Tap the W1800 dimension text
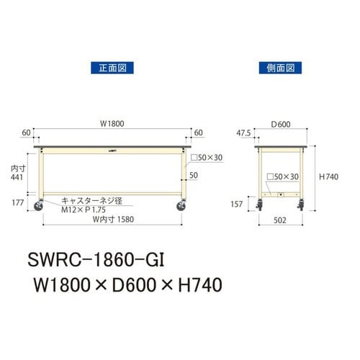click(x=112, y=123)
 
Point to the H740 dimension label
click(x=329, y=177)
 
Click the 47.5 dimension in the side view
click(x=244, y=133)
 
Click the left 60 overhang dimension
click(x=27, y=133)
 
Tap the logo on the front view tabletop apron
click(x=114, y=151)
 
